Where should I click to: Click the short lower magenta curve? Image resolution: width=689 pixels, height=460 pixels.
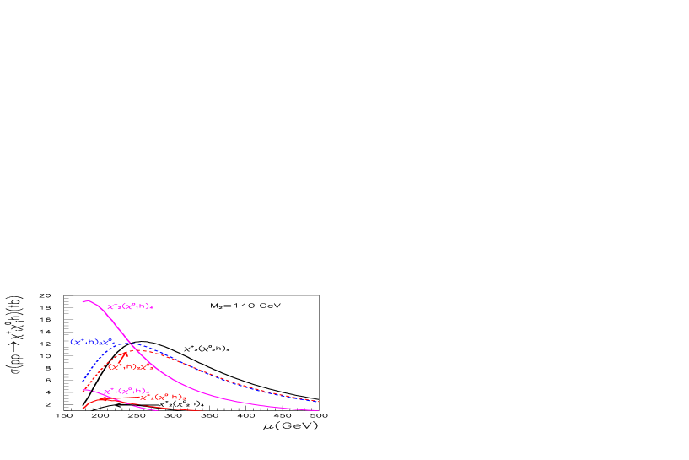coord(135,404)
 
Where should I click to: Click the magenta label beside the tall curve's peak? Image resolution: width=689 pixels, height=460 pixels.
coord(130,307)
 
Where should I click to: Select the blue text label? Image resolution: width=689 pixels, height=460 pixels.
coord(91,342)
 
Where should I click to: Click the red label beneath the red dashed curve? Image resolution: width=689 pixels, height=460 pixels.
coord(130,367)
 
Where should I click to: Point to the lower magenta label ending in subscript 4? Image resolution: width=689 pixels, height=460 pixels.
coord(126,391)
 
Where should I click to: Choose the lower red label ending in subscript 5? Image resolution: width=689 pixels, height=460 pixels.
coord(164,397)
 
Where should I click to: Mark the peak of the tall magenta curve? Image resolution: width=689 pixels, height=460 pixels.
coord(86,300)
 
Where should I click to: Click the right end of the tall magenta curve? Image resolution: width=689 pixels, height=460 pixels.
coord(319,411)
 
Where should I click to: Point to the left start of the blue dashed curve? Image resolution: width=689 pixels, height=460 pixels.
coord(83,381)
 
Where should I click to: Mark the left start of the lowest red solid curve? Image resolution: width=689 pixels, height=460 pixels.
coord(83,409)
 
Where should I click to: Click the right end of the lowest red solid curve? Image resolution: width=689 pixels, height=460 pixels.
coord(203,411)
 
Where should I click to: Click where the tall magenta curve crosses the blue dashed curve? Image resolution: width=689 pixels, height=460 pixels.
coord(132,344)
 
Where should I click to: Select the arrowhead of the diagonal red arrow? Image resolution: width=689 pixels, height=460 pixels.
coord(126,351)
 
